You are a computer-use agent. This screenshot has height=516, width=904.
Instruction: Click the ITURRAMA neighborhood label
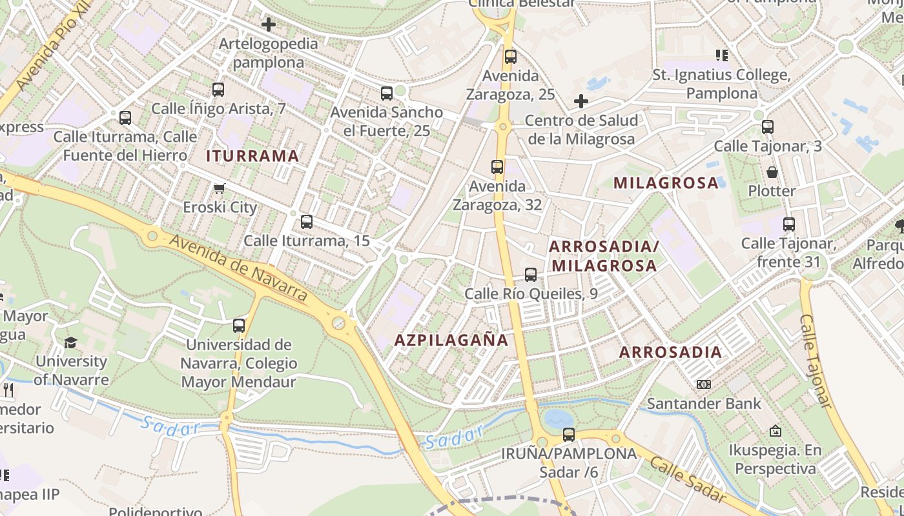coord(252,155)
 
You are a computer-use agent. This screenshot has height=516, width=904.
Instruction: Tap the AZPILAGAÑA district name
coord(451,340)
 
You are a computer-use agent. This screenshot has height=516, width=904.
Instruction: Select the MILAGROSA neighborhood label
coord(666,183)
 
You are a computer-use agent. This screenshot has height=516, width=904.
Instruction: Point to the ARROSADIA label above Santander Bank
coord(670,352)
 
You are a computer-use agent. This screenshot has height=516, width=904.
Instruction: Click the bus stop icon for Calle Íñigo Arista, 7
coord(218,90)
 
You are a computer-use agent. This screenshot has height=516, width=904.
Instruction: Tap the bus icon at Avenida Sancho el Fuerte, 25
coord(387,94)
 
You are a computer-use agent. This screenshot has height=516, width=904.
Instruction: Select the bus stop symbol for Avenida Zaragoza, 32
coord(497,168)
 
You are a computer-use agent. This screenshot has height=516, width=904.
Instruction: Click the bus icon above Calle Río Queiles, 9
coord(531,275)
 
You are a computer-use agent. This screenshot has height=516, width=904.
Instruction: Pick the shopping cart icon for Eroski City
coord(220,188)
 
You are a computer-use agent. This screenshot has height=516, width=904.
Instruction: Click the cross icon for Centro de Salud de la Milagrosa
coord(581,101)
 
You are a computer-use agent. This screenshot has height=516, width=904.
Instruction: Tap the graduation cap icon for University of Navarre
coord(71,342)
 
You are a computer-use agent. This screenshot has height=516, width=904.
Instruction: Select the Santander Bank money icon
coord(704,384)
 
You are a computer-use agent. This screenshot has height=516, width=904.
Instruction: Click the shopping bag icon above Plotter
coord(772,172)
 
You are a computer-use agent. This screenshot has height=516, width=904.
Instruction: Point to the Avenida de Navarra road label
coord(239,268)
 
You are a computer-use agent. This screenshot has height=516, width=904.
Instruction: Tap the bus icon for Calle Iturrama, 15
coord(307,222)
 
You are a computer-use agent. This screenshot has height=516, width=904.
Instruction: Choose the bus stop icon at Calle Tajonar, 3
coord(768,127)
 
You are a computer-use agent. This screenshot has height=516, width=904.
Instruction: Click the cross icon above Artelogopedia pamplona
coord(268,25)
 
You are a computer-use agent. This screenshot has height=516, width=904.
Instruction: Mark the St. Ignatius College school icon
coord(721,55)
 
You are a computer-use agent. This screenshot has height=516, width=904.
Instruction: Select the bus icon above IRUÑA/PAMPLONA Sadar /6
coord(569,435)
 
